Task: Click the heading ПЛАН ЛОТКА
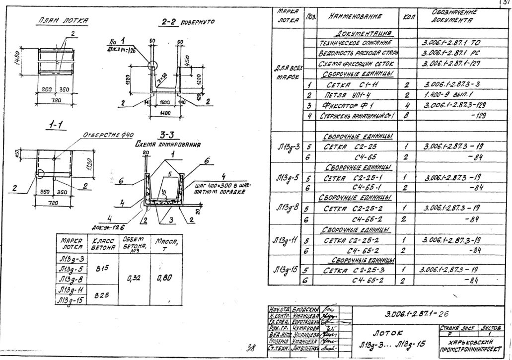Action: coord(64,21)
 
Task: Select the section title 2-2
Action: coord(169,22)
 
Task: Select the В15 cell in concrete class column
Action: coord(102,268)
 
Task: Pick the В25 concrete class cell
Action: coord(102,294)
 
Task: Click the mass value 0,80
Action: coord(165,278)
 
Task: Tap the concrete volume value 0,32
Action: coord(134,278)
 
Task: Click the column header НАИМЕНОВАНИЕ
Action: coord(356,16)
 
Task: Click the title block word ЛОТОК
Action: coord(388,333)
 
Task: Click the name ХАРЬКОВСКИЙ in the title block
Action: coord(469,343)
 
